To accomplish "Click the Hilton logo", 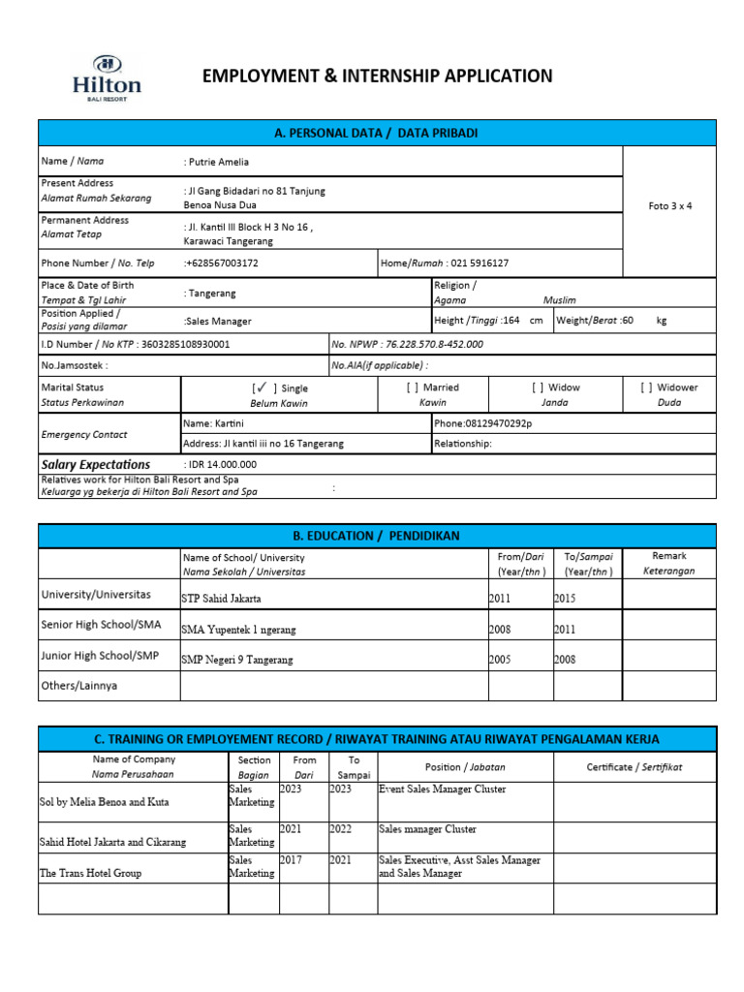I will coord(107,77).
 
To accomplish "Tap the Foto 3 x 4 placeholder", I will coord(669,206).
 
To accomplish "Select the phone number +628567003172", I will coord(221,263).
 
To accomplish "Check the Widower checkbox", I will coord(646,387).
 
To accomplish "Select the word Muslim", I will coord(559,300).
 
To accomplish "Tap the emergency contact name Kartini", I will coord(225,423).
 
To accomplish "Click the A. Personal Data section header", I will coord(377,133).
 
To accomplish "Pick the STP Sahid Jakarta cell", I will coord(221,599).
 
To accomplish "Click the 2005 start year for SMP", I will coord(500,660).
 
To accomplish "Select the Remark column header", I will coord(669,556).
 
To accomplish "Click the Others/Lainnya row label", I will coord(78,685).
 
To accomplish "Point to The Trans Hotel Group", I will coord(90,873).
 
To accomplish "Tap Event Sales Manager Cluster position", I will coord(436,790).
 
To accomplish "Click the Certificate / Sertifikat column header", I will coord(635,766).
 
